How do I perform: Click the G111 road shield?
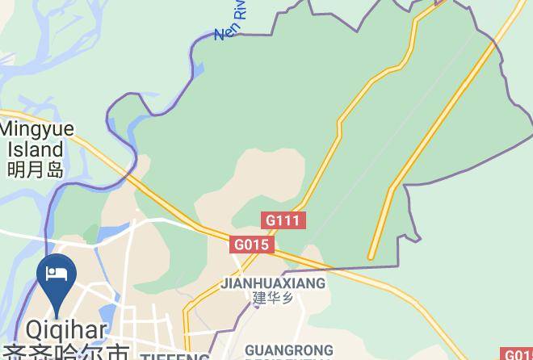pyautogui.click(x=283, y=220)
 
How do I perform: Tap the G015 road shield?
pyautogui.click(x=253, y=244)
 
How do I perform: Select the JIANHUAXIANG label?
pyautogui.click(x=273, y=283)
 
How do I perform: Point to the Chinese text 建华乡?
pyautogui.click(x=272, y=298)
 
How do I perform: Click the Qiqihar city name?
pyautogui.click(x=66, y=330)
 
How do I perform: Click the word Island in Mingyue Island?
pyautogui.click(x=36, y=149)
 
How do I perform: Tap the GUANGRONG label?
pyautogui.click(x=288, y=350)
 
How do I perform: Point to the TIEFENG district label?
pyautogui.click(x=174, y=356)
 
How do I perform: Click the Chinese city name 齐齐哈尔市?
pyautogui.click(x=66, y=353)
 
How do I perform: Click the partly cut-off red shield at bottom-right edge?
pyautogui.click(x=518, y=354)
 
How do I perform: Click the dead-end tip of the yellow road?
pyautogui.click(x=371, y=257)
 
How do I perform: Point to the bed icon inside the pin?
pyautogui.click(x=57, y=273)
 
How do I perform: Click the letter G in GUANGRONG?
pyautogui.click(x=250, y=350)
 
